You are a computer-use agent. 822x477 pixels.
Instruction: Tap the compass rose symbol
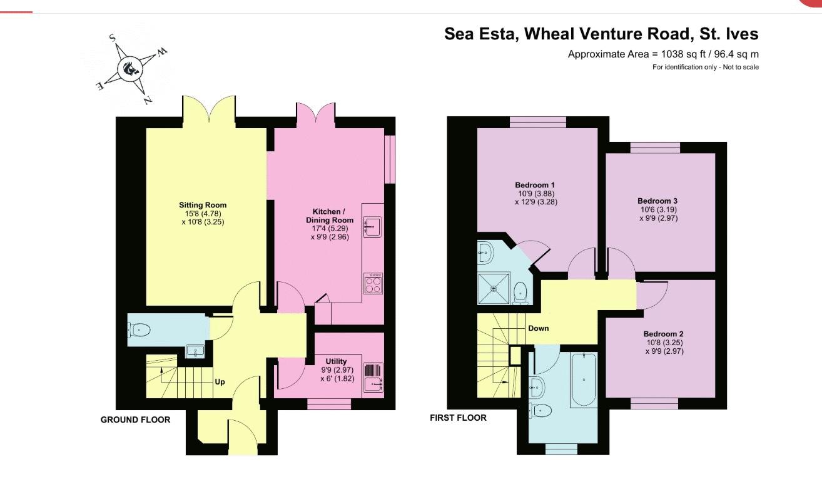130,68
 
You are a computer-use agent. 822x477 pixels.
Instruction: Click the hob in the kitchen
373,283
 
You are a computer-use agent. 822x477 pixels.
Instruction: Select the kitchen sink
372,227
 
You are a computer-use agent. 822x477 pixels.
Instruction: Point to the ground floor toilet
139,330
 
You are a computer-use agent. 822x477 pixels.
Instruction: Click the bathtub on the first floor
584,379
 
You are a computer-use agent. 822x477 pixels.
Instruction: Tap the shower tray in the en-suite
494,288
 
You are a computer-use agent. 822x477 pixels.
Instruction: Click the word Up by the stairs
220,382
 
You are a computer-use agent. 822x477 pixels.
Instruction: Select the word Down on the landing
539,328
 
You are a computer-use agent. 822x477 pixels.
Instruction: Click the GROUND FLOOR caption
135,420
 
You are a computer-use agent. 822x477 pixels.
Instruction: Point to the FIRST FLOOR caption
458,418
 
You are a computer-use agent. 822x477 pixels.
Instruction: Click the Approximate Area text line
663,54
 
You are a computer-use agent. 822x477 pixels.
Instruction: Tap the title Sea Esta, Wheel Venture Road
567,34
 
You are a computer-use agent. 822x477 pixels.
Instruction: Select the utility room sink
373,384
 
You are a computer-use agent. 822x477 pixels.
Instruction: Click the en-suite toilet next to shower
520,293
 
